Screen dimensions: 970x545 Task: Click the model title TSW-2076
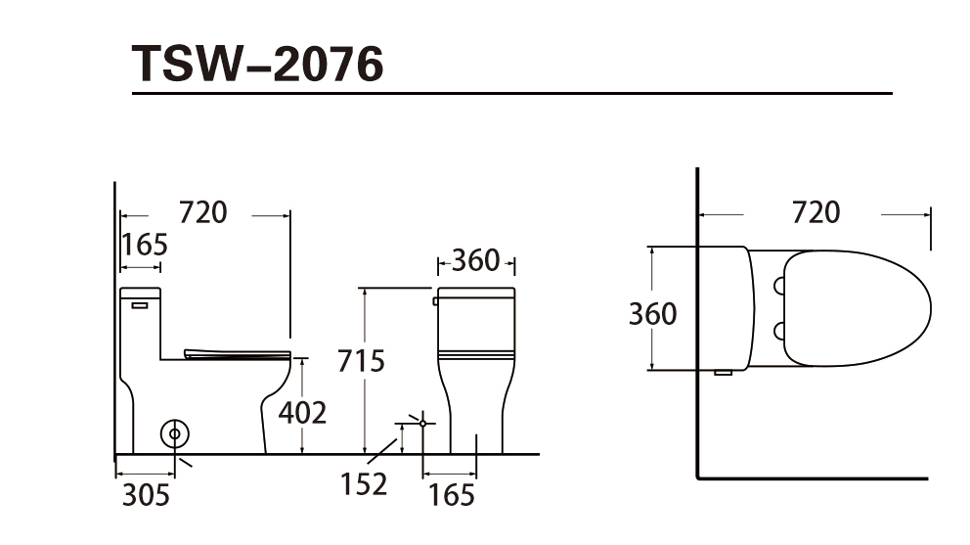click(x=258, y=64)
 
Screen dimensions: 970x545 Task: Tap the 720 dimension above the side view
click(x=203, y=212)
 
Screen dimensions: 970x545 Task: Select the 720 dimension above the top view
click(x=816, y=212)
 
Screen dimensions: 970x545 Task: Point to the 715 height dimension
click(x=361, y=360)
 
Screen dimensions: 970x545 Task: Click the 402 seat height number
click(x=302, y=413)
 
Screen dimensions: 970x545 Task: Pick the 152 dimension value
click(x=364, y=484)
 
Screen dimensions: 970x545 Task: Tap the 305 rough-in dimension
click(x=146, y=495)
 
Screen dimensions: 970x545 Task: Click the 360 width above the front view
click(x=476, y=260)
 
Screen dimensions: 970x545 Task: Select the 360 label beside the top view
click(x=652, y=314)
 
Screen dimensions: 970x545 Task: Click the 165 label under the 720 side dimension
click(x=144, y=245)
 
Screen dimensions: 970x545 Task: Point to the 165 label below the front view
click(x=452, y=495)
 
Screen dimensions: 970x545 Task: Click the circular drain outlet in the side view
click(x=174, y=434)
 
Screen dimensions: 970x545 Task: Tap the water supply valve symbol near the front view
click(x=422, y=423)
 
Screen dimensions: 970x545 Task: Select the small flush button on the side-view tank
click(x=140, y=305)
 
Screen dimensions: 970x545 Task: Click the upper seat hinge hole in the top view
click(x=779, y=286)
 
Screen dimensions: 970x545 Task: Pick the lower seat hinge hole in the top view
click(x=779, y=332)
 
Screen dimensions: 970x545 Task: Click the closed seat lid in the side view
click(x=238, y=354)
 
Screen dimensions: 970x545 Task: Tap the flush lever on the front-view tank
click(x=435, y=301)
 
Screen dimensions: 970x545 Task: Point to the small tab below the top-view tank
click(x=724, y=373)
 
